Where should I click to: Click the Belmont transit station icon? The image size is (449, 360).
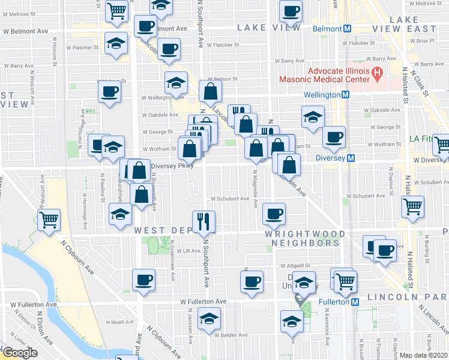[x=347, y=29]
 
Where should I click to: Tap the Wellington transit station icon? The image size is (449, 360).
[x=346, y=95]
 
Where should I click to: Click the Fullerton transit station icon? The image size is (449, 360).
[x=355, y=302]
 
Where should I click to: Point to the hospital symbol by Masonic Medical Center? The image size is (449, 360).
[x=377, y=74]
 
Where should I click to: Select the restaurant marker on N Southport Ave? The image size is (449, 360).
[x=204, y=221]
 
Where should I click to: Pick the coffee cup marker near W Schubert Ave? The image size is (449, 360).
[x=274, y=213]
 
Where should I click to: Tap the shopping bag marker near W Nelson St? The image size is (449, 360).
[x=210, y=92]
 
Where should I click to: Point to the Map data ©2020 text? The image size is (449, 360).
[x=423, y=355]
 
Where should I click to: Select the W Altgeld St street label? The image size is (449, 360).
[x=294, y=265]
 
